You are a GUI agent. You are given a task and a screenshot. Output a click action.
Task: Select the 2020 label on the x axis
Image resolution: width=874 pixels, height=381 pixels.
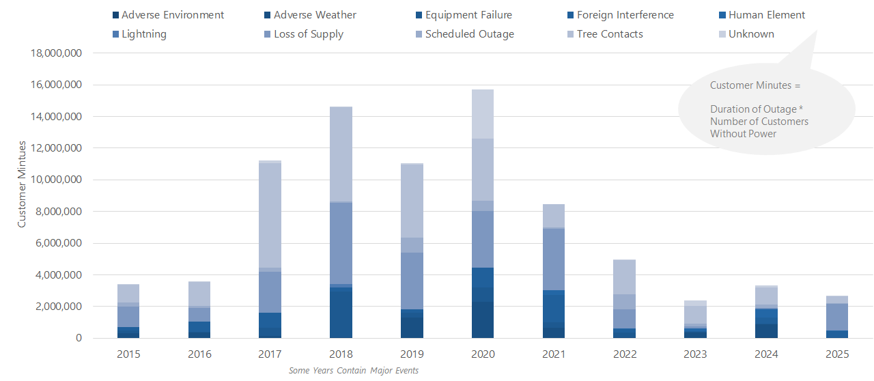[483, 354]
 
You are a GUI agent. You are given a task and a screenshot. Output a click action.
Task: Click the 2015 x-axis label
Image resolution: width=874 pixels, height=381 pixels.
[128, 354]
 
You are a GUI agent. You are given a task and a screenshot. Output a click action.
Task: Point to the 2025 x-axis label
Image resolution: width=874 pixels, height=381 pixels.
[837, 354]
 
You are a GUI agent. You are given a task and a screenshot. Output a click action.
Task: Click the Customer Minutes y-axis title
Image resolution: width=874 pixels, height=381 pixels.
[22, 184]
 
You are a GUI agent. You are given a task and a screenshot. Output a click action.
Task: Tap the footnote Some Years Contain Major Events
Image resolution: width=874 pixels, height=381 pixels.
[353, 371]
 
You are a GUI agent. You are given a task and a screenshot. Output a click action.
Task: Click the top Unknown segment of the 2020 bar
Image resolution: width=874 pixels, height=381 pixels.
[483, 114]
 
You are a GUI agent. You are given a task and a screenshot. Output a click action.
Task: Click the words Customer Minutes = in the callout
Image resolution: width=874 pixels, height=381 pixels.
[755, 86]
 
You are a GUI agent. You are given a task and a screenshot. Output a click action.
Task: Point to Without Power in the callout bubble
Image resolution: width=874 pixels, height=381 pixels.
[743, 134]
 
